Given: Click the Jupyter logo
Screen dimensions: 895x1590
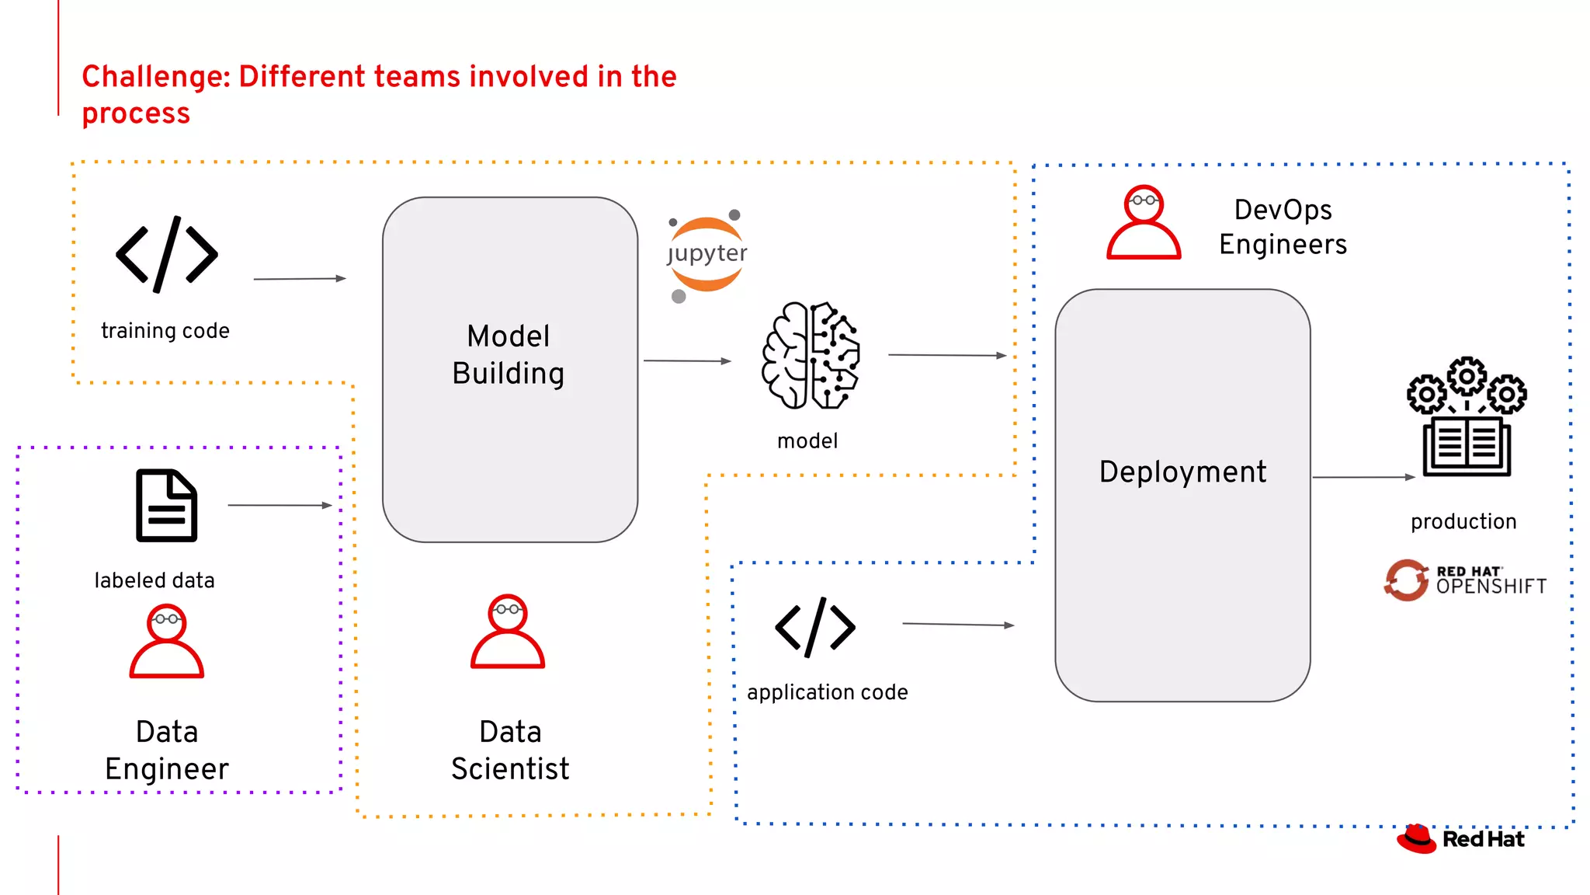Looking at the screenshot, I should point(706,255).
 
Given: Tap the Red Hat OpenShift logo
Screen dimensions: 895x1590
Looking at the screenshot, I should point(1464,580).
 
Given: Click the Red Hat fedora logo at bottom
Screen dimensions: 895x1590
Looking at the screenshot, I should point(1417,839).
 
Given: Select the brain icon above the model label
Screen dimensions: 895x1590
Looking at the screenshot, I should point(811,357).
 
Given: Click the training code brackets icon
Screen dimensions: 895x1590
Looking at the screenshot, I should point(167,255).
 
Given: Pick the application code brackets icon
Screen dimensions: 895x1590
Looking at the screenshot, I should point(815,627).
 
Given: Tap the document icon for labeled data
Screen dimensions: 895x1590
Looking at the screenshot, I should point(166,506).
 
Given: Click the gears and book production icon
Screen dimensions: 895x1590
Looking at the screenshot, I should point(1466,417).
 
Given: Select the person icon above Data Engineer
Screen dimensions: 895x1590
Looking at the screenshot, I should point(166,642).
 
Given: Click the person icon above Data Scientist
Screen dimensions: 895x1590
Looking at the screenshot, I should point(508,632).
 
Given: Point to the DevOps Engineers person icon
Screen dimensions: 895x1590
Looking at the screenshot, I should point(1144,222).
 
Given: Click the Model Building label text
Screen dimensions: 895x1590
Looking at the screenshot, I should point(509,355).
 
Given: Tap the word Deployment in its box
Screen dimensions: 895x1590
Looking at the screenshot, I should point(1182,472).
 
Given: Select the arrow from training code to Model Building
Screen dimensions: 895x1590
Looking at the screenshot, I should point(300,278).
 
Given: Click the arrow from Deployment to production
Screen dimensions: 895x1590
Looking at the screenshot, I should point(1363,477).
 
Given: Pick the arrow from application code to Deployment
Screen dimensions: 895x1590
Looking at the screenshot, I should point(958,624).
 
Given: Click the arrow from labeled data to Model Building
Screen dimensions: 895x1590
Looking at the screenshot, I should point(279,505).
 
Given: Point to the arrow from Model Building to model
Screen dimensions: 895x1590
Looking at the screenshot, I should point(687,360).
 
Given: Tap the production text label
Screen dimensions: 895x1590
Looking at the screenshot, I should point(1463,521).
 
